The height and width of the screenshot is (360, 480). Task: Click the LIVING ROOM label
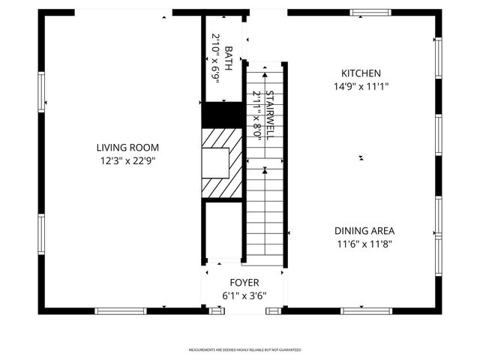[127, 148]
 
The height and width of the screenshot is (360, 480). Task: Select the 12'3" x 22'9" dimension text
[127, 160]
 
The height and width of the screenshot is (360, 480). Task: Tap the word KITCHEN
[361, 73]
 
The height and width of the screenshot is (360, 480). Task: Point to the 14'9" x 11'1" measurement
[361, 86]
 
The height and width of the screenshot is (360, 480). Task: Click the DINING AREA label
[364, 231]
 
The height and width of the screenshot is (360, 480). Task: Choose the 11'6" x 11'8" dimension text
[364, 244]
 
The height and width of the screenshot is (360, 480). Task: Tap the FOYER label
[244, 283]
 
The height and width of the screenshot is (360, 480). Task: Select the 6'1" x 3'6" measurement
[244, 295]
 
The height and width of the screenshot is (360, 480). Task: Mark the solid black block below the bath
[223, 115]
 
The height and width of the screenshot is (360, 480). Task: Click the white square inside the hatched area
[215, 163]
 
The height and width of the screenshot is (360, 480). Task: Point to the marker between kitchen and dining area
[361, 157]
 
